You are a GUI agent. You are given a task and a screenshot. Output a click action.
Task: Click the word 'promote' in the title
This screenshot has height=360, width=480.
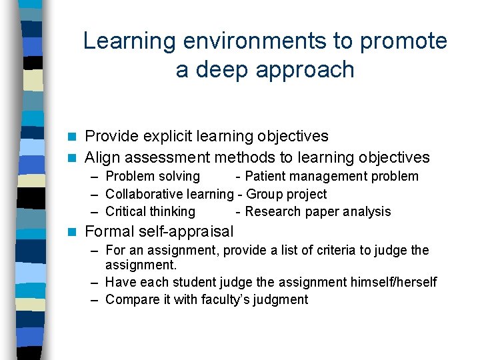[404, 41]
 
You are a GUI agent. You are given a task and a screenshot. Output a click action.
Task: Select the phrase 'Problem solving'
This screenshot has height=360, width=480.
[153, 176]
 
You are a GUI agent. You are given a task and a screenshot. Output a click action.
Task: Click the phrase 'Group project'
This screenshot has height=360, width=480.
[287, 194]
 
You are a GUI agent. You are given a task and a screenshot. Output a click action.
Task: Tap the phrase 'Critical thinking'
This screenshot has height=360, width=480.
[150, 211]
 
